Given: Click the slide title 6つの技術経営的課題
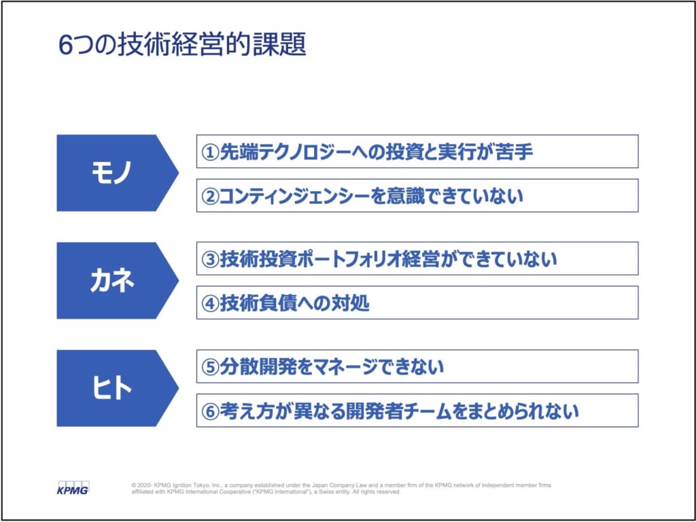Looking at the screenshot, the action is [x=182, y=46].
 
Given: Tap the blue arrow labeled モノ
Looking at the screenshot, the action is [x=117, y=173].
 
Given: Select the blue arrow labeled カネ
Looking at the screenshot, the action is [x=117, y=281].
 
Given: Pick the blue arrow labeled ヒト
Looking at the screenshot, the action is [x=117, y=388].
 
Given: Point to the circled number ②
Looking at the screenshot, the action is [x=210, y=196].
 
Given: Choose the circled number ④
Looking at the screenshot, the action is [x=210, y=304].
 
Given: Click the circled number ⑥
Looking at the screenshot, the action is [x=210, y=412].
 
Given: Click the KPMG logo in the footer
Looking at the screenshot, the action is [x=73, y=487].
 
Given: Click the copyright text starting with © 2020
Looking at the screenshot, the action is [x=341, y=488].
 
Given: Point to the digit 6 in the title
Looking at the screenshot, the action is [x=65, y=46].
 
